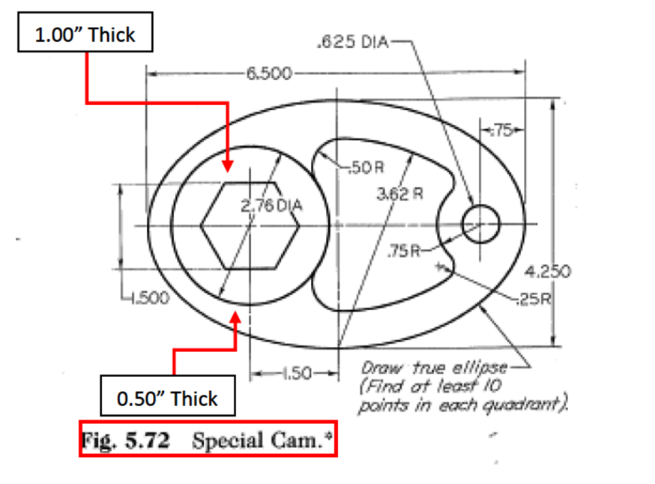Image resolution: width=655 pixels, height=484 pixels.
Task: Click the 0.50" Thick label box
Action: tap(168, 398)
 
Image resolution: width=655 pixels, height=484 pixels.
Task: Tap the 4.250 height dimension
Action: tap(548, 270)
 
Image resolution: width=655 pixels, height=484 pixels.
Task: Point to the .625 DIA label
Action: tap(347, 42)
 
